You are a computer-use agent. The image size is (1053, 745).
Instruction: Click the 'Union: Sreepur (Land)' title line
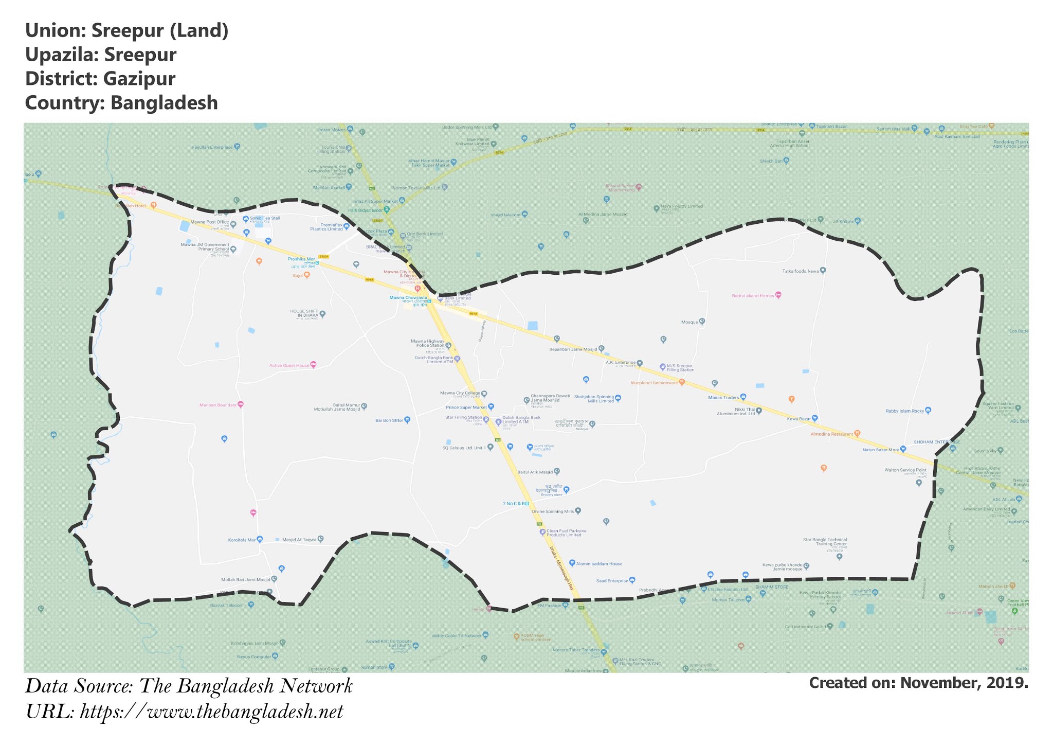pos(126,31)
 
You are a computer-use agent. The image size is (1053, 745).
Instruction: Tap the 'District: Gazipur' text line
pos(100,79)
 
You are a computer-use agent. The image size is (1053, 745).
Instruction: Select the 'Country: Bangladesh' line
pos(121,103)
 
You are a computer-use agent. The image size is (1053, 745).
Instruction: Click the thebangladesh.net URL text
pos(184,712)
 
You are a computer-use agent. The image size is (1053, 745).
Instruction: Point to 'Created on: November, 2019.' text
pos(918,683)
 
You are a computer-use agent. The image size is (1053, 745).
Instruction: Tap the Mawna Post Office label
pos(210,222)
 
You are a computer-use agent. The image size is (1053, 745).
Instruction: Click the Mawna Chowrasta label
pos(408,297)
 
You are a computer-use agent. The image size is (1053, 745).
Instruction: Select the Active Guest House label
pos(289,365)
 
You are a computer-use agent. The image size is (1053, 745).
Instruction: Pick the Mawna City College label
pos(460,394)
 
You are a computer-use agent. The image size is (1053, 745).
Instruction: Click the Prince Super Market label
pos(466,407)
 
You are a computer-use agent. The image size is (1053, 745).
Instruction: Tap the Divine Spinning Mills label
pos(553,511)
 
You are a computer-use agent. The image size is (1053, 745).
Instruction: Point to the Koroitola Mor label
pos(242,540)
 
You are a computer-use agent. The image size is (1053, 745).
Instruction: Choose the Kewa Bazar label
pos(798,419)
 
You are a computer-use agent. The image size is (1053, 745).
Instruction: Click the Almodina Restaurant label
pos(831,434)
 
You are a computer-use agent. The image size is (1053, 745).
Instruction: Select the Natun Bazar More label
pos(881,450)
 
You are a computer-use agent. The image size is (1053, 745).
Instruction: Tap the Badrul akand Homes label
pos(753,296)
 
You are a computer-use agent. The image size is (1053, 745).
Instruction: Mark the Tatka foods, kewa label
pos(800,271)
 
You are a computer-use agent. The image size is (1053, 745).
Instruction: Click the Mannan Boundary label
pos(218,405)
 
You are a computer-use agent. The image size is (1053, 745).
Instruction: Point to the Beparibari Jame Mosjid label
pos(573,349)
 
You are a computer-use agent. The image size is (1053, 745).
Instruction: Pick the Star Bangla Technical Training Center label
pos(825,542)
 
